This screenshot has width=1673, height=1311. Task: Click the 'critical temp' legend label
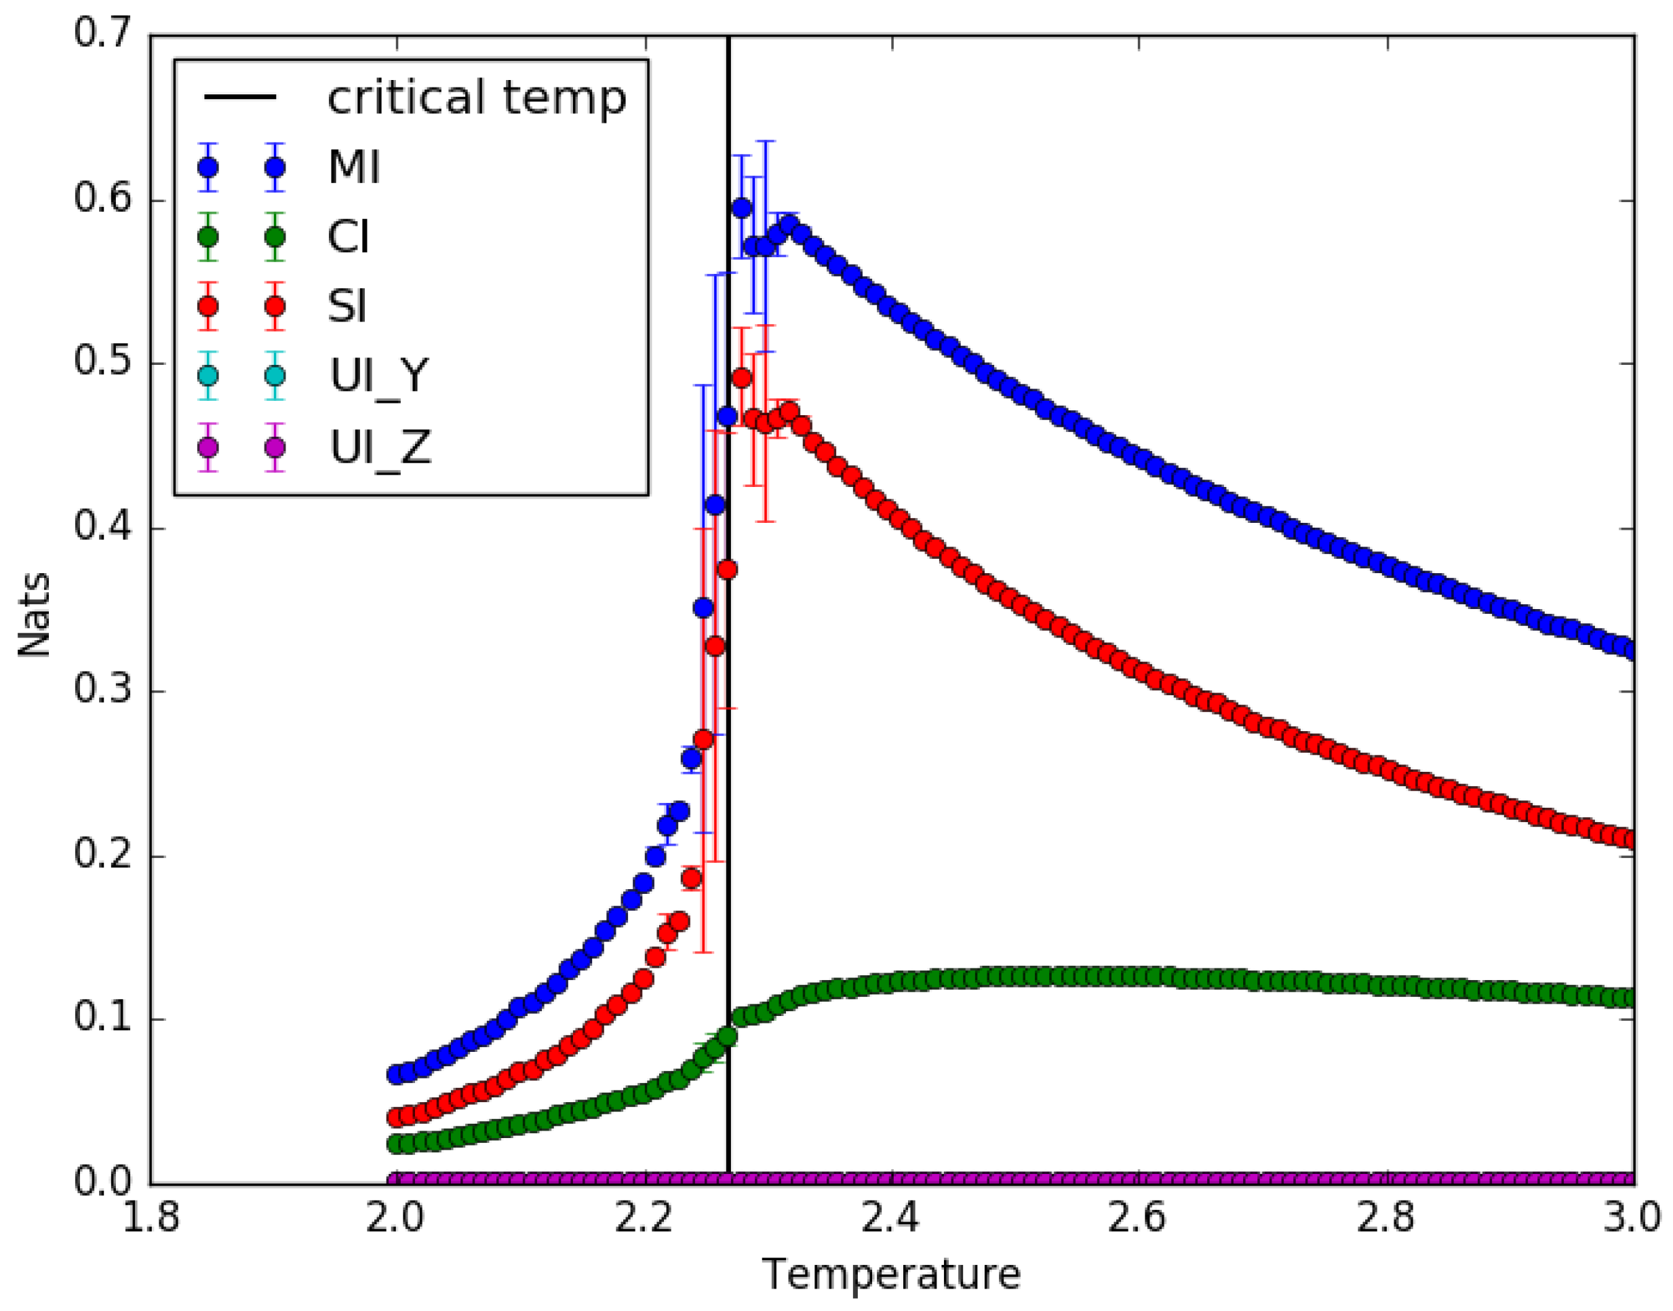point(477,98)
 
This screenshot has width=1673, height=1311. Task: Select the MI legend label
point(354,168)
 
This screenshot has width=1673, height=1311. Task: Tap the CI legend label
point(349,237)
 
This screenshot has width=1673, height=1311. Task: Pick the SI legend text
point(347,307)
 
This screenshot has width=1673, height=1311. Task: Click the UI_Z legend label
point(380,447)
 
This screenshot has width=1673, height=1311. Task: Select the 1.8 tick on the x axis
point(151,1217)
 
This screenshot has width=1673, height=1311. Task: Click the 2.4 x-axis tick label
point(892,1217)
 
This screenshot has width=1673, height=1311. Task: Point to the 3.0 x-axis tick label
point(1631,1217)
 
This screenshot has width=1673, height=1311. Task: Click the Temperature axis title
point(891,1274)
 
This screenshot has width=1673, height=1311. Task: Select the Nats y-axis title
point(35,614)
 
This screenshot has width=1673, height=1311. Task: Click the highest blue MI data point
point(741,208)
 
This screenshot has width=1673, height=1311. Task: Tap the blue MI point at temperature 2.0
point(396,1074)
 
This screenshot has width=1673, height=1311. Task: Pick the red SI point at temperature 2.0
point(396,1116)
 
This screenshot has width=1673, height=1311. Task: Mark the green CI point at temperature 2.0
point(396,1143)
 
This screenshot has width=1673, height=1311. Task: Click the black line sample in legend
point(240,98)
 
